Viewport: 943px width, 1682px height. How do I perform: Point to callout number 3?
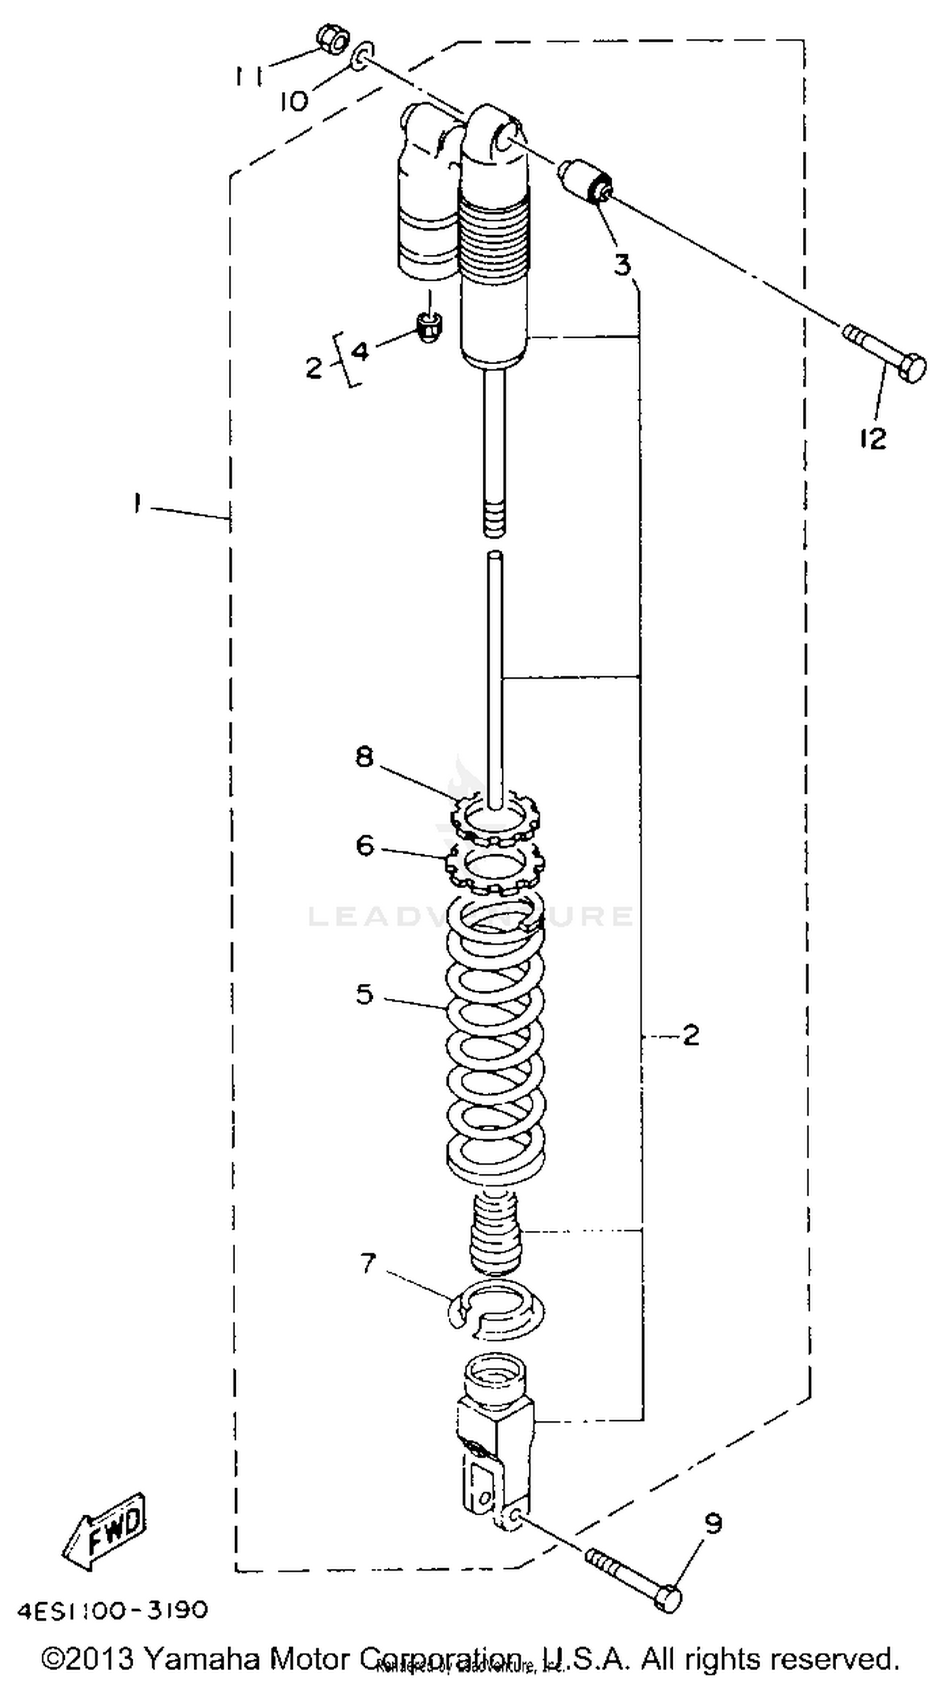coord(622,265)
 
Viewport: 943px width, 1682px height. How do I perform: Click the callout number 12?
coord(873,438)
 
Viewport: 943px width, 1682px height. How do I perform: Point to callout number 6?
coord(365,845)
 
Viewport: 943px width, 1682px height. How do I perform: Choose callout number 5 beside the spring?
coord(364,994)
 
